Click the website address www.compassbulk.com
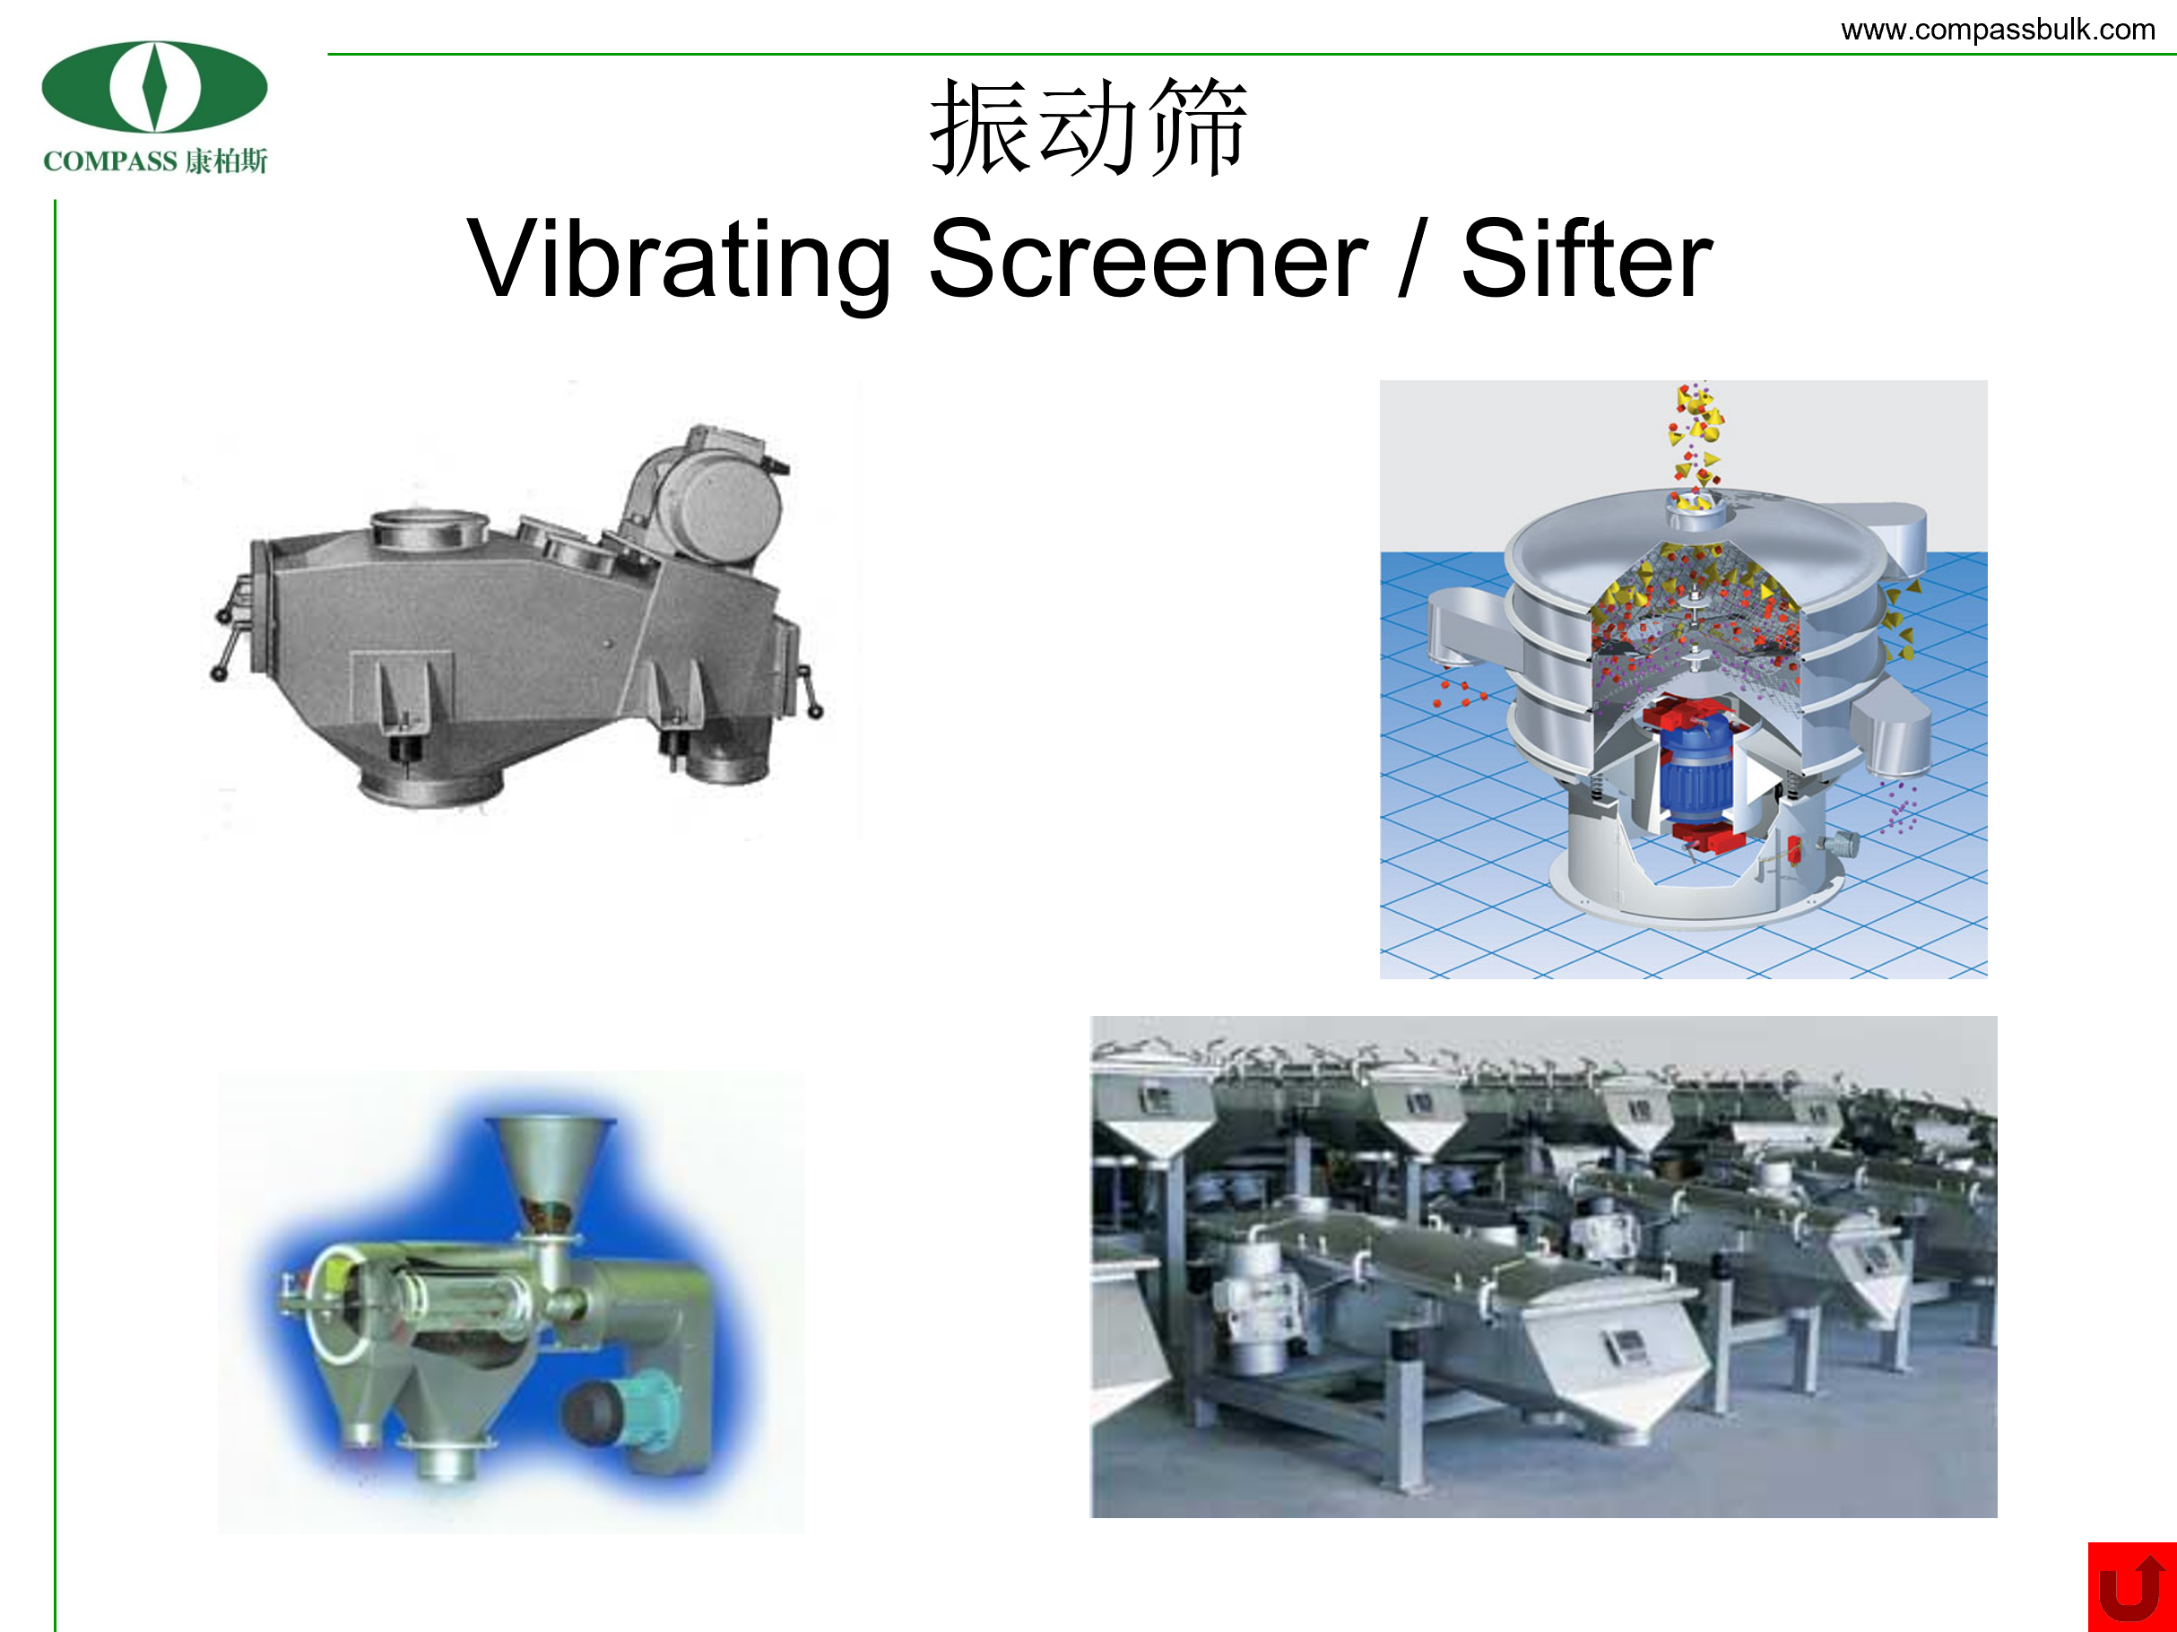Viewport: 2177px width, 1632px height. point(1998,30)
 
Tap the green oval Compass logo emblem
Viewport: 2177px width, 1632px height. point(154,87)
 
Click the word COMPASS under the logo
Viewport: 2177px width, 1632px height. point(110,161)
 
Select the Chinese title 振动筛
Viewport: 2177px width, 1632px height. point(1088,128)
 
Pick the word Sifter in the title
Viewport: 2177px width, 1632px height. point(1586,258)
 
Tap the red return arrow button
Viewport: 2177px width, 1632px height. point(2132,1587)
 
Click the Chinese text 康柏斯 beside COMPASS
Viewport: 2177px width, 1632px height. point(226,161)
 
